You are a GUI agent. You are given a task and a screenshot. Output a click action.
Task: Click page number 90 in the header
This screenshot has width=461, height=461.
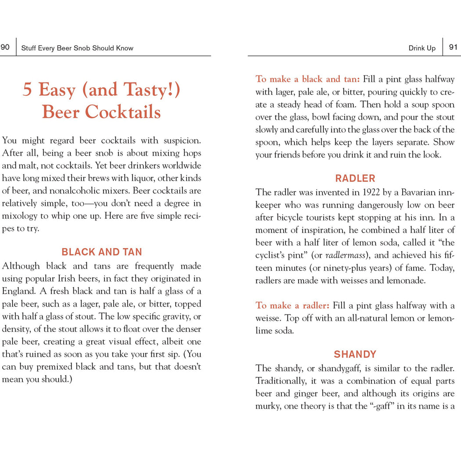[x=5, y=47]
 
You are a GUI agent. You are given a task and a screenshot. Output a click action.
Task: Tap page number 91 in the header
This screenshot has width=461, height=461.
[x=453, y=47]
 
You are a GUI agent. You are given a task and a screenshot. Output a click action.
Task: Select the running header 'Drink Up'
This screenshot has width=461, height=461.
[x=422, y=48]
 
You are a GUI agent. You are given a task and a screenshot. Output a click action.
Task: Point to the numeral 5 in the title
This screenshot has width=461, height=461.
[x=28, y=90]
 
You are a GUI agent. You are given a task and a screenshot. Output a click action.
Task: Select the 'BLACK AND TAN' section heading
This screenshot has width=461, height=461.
[x=102, y=252]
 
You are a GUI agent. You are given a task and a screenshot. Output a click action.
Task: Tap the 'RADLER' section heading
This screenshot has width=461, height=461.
[x=355, y=178]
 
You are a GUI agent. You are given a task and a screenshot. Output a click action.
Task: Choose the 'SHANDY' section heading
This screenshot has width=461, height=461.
[x=355, y=354]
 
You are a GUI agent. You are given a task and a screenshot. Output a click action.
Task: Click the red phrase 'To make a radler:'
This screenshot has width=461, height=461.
[x=292, y=306]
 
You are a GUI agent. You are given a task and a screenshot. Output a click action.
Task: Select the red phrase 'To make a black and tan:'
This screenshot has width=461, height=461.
[x=308, y=79]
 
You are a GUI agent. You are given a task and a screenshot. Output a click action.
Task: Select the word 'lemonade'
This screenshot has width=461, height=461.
[x=406, y=281]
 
